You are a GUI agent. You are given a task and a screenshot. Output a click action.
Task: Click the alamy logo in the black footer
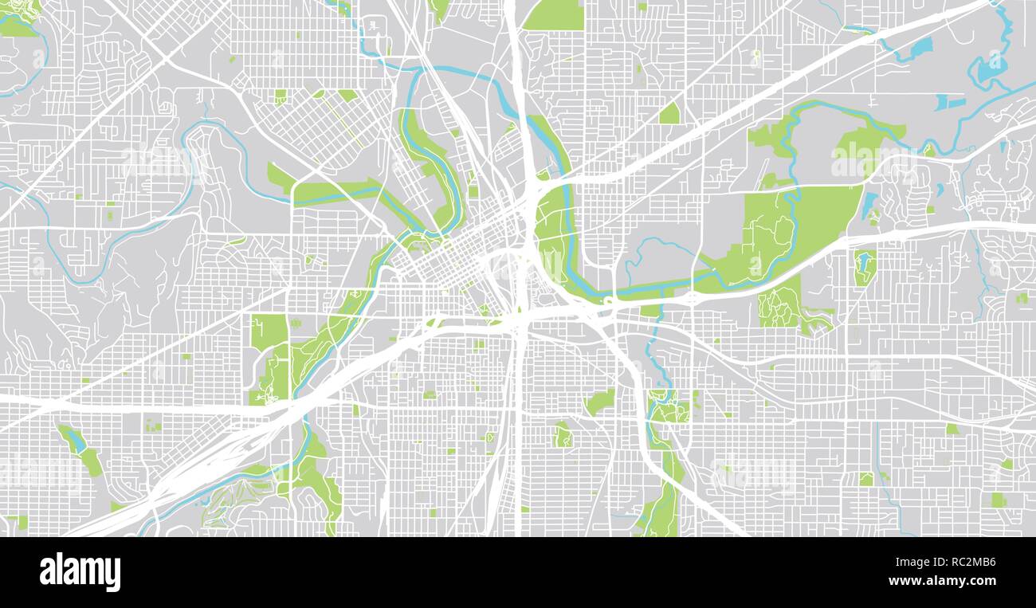tap(80, 572)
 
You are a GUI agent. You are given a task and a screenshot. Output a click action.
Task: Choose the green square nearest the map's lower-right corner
tap(997, 500)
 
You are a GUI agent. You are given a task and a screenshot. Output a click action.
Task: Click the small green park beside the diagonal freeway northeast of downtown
tap(669, 114)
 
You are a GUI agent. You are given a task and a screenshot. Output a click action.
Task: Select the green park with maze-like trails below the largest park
tap(779, 307)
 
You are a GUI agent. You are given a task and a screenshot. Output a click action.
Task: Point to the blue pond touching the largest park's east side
tap(869, 205)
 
